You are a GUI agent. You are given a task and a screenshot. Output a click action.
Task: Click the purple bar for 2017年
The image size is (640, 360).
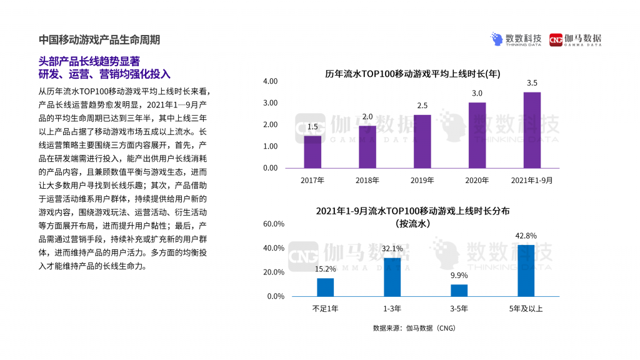(312, 152)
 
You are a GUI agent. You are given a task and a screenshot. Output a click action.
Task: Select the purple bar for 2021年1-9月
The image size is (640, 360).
(532, 130)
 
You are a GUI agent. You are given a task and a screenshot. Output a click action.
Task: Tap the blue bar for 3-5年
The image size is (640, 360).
(459, 291)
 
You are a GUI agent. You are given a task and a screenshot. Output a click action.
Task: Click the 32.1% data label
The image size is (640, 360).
(392, 249)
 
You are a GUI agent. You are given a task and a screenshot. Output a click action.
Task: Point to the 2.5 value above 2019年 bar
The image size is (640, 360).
(422, 106)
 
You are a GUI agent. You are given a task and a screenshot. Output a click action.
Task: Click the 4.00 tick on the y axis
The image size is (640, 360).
(270, 82)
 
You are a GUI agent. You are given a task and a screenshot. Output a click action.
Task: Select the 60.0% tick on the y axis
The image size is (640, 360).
(274, 224)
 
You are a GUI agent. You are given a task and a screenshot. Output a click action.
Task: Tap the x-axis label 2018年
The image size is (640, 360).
(367, 180)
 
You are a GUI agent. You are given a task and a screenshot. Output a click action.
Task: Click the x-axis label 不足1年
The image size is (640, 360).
(325, 308)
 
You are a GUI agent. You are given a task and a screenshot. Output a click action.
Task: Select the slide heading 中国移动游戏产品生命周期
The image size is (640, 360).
(99, 39)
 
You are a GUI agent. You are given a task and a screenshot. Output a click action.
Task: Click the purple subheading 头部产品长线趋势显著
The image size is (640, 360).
(89, 61)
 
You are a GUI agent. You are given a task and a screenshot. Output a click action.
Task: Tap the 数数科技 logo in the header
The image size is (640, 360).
(516, 39)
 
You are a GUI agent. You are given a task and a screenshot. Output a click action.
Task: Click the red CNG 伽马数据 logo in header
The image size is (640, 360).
(575, 39)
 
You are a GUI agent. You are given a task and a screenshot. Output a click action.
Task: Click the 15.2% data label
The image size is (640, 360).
(325, 269)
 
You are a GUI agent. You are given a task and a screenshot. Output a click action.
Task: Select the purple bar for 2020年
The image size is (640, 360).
(477, 135)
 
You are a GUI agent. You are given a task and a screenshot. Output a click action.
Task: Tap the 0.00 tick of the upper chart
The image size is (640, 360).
(270, 168)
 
